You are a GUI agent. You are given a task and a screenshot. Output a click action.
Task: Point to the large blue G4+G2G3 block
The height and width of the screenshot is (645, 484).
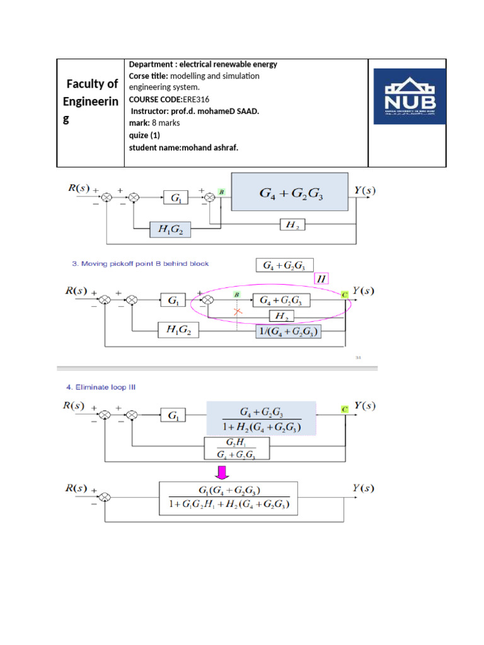click(289, 191)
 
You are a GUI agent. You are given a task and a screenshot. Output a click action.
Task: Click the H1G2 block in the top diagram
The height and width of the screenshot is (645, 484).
click(170, 230)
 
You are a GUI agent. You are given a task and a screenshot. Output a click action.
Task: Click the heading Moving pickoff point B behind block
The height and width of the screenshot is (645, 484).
click(139, 263)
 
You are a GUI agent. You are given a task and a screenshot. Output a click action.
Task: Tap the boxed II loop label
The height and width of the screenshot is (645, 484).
click(321, 278)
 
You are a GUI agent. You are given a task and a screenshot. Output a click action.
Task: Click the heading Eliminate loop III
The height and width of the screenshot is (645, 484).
click(107, 387)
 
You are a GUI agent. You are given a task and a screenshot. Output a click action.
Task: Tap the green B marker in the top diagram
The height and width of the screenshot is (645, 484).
click(222, 191)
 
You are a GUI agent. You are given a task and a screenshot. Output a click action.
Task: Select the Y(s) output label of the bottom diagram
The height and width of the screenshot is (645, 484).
click(363, 489)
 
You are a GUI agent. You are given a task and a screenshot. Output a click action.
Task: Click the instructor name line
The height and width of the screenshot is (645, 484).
click(195, 111)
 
